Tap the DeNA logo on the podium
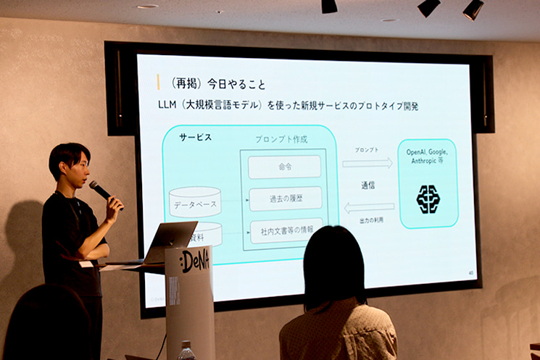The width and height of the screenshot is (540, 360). tap(194, 260)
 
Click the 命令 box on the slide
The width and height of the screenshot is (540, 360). tap(284, 167)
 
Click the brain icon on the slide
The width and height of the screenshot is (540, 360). tap(428, 199)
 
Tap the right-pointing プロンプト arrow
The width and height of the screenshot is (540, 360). tap(367, 163)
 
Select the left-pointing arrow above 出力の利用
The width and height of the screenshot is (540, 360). tap(368, 208)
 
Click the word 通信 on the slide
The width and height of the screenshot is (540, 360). tap(368, 185)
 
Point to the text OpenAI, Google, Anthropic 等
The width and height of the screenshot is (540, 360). tap(428, 156)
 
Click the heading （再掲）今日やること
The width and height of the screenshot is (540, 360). tap(213, 83)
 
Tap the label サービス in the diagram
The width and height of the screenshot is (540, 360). tap(195, 137)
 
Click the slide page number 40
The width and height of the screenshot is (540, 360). tap(471, 273)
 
